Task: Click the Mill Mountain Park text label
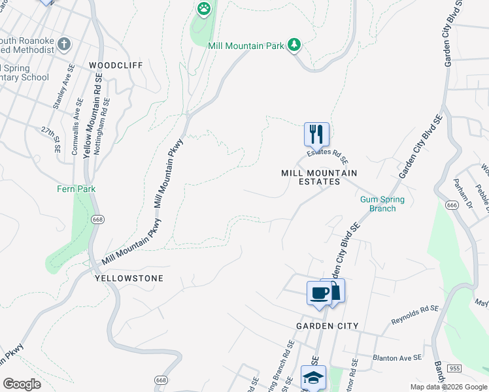click(x=246, y=46)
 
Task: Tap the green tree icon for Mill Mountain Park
click(x=295, y=44)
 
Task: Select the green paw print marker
click(x=204, y=8)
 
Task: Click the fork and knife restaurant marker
click(x=316, y=135)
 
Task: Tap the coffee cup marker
click(x=319, y=293)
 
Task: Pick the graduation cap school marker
click(x=313, y=377)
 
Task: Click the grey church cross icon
click(x=63, y=44)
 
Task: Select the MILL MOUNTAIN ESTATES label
click(x=319, y=177)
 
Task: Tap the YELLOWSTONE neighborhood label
click(x=129, y=278)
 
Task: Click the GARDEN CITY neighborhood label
click(x=327, y=325)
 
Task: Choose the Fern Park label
click(x=76, y=189)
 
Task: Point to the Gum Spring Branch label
click(x=382, y=204)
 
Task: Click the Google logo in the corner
click(x=22, y=384)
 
